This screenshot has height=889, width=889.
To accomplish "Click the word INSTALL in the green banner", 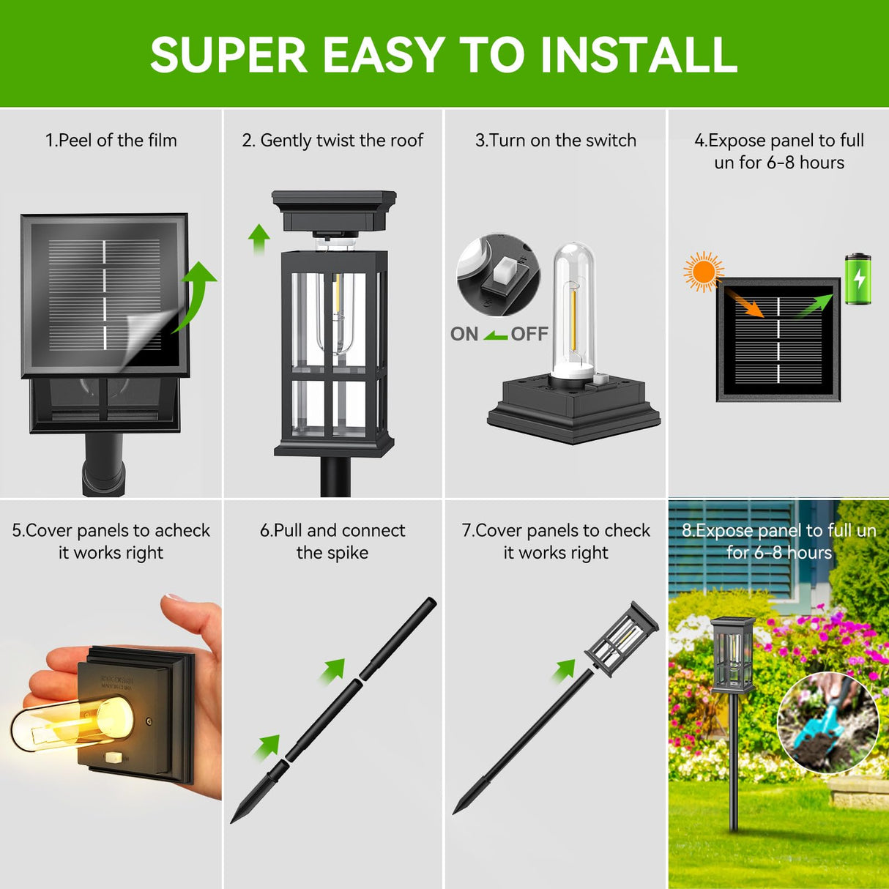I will coord(638,55).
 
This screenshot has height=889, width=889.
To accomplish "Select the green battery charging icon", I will coord(858,279).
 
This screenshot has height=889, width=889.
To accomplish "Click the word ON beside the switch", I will coord(464,335).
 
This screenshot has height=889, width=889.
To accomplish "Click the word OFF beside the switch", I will coord(529,335).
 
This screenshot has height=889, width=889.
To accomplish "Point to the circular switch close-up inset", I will coord(498,275).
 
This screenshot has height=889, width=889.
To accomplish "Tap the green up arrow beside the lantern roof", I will coord(258,239).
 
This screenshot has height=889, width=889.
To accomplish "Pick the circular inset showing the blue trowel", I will coord(827,724).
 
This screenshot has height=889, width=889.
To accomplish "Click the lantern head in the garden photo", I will coord(732,654).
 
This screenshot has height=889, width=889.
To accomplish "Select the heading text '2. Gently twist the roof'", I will coord(332,141).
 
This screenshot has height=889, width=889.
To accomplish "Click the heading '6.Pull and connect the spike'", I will coord(332,541).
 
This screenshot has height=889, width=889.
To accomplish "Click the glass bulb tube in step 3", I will coord(572,308).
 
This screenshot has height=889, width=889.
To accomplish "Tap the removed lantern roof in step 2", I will coord(333,210).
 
